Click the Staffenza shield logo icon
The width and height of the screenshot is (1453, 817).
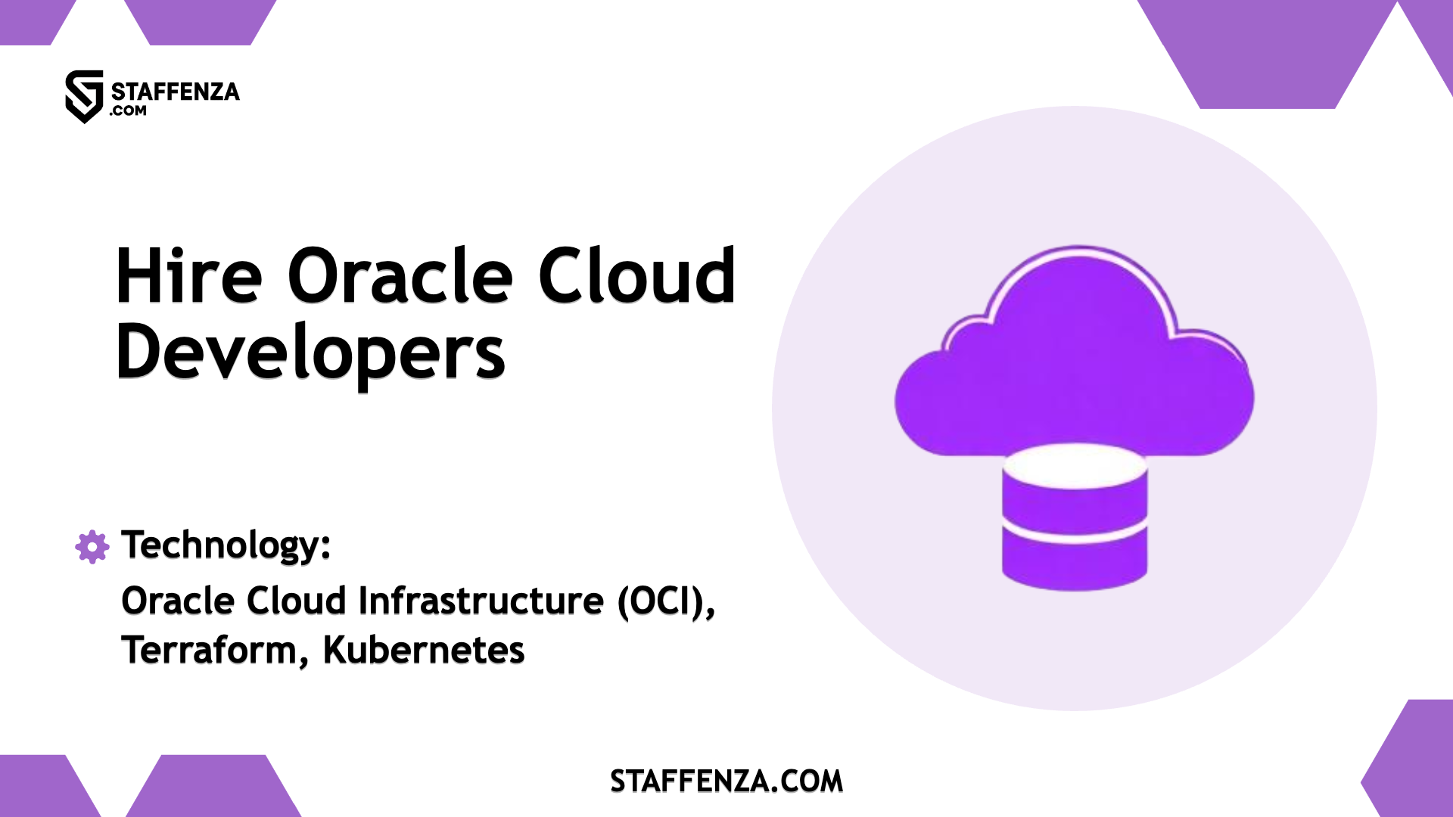pos(84,96)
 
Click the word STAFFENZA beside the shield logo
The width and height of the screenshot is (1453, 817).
pos(175,92)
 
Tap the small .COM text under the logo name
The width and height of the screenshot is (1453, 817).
pos(128,111)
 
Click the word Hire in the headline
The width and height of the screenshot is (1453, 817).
pos(188,276)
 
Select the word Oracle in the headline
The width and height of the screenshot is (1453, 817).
pos(400,276)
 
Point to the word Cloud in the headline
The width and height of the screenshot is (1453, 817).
pos(636,276)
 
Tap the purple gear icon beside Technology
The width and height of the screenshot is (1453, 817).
pos(92,546)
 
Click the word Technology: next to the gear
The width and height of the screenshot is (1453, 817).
pos(226,545)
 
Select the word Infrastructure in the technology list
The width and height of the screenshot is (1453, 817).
pos(481,601)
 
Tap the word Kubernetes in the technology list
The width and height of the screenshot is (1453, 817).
pos(424,651)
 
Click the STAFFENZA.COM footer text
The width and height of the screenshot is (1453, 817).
pos(726,781)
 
